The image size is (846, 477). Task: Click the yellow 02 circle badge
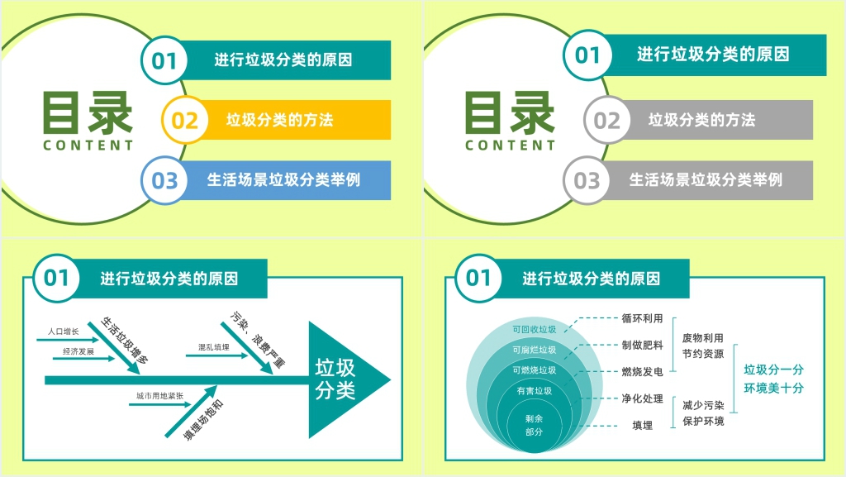point(185,120)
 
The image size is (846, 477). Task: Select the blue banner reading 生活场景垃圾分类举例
point(284,180)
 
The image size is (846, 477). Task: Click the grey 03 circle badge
point(587,180)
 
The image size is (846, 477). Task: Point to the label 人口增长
point(63,332)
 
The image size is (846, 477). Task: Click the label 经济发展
point(78,351)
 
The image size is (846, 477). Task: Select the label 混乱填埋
point(214,347)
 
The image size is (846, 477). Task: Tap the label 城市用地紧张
point(159,396)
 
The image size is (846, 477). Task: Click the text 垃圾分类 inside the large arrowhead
point(335,379)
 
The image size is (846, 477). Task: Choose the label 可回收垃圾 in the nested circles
point(535,329)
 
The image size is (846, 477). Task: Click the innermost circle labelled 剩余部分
point(534,425)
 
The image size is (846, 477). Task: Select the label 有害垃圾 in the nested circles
point(535,391)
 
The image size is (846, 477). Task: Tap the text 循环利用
point(642,318)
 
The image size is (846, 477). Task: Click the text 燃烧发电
point(642,372)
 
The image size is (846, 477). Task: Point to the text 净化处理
point(642,398)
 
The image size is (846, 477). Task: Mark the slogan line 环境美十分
point(773,388)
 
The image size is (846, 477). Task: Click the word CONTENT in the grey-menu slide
point(510,145)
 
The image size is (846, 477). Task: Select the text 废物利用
point(702,338)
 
